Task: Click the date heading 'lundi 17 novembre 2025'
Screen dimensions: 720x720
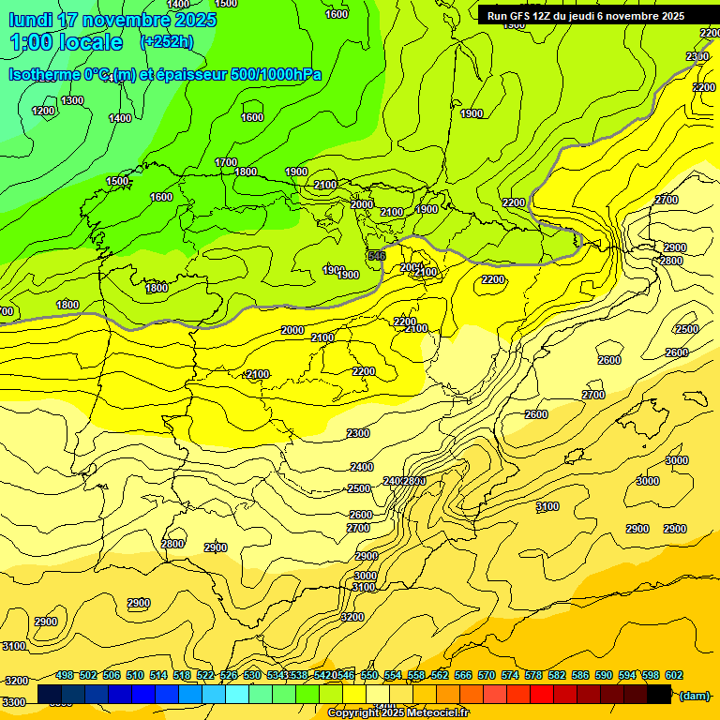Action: pos(112,20)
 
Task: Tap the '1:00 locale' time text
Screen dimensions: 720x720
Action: pos(67,42)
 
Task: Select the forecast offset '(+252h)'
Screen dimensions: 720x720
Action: pos(167,42)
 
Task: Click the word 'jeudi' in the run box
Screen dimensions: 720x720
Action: pos(586,16)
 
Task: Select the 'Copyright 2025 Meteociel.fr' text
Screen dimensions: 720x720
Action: pos(397,713)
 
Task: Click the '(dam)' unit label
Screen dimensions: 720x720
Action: pos(694,695)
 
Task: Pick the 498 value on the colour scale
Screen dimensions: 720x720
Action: pos(65,675)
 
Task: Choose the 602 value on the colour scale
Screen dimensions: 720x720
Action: pos(673,675)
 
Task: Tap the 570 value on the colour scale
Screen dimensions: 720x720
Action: pos(510,675)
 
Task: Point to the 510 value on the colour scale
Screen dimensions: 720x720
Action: pos(135,675)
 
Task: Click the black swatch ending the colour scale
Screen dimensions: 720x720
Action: pos(659,694)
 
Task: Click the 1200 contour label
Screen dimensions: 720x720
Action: pos(43,111)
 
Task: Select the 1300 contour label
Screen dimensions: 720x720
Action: pos(72,100)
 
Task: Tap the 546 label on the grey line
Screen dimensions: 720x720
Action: pos(377,256)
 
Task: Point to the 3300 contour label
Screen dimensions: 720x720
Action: pos(14,701)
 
